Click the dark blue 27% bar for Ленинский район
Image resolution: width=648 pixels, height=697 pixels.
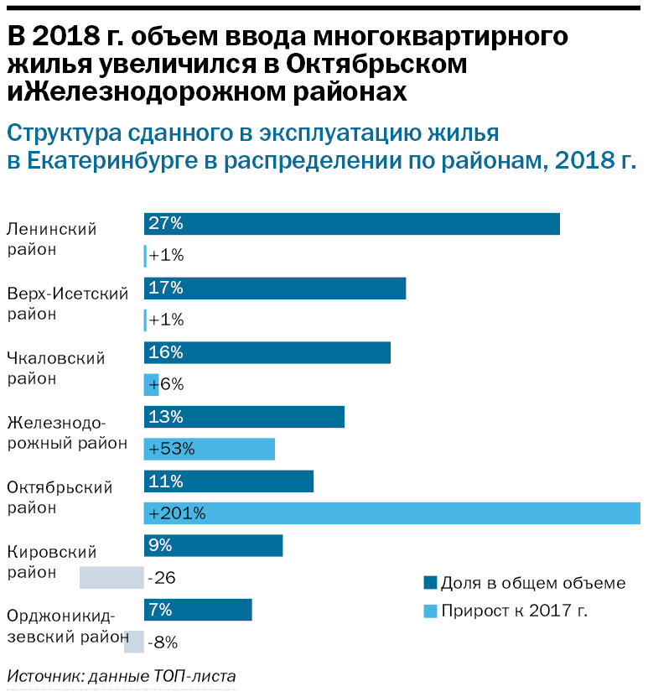click(351, 224)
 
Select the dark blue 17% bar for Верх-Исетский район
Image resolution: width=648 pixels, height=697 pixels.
click(275, 289)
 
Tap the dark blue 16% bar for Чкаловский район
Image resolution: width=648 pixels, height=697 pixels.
click(267, 352)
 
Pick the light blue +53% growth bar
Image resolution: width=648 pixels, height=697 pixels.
click(210, 449)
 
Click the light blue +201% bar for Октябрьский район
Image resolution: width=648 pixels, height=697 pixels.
click(392, 513)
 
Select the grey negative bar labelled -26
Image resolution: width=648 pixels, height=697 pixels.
click(111, 578)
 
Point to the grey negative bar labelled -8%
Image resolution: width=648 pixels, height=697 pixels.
click(133, 642)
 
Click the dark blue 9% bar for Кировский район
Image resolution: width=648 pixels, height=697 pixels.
click(213, 546)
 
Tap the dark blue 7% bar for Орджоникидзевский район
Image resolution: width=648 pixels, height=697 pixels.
click(198, 610)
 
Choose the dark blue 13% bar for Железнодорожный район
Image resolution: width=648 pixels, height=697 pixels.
click(244, 417)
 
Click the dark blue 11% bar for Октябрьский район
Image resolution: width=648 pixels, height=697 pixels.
click(229, 481)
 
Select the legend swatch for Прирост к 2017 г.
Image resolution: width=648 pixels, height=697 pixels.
click(430, 611)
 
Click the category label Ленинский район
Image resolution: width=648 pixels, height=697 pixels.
click(51, 239)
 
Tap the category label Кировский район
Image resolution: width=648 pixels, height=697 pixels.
click(51, 562)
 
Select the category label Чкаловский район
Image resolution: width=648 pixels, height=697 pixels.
click(55, 368)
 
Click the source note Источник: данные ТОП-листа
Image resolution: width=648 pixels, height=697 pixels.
click(122, 676)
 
